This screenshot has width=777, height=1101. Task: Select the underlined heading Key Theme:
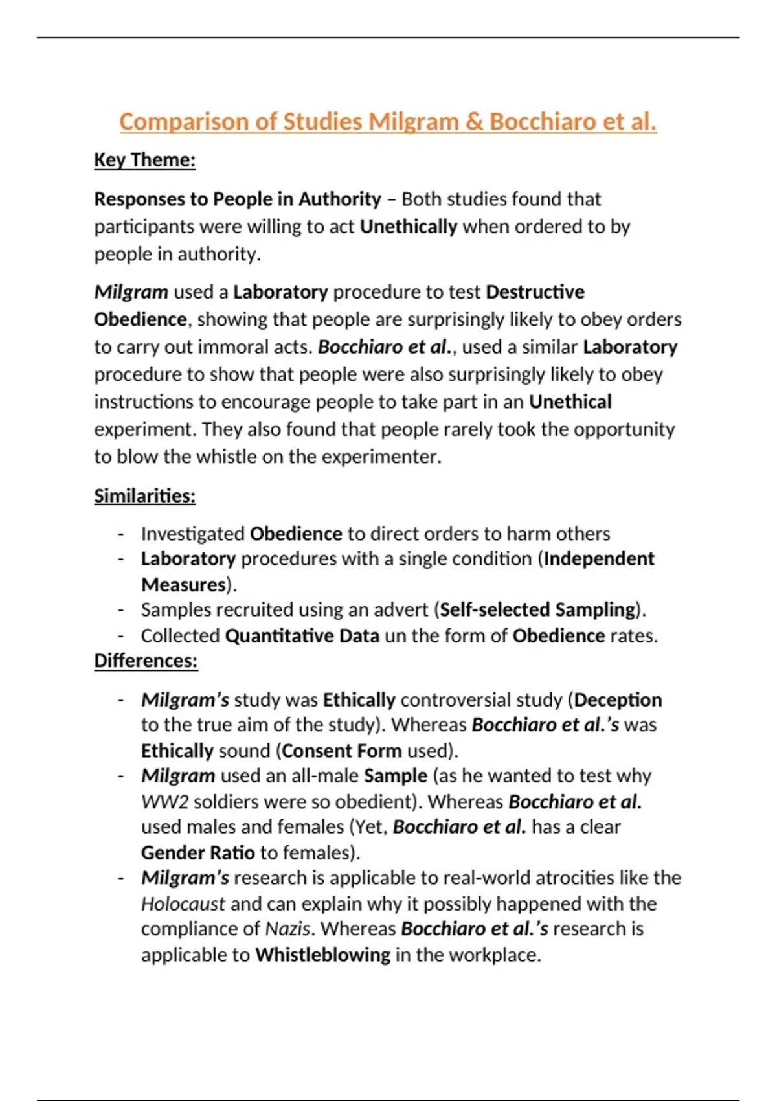point(144,160)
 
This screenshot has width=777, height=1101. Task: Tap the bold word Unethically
point(409,227)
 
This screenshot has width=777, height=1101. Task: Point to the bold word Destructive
point(535,292)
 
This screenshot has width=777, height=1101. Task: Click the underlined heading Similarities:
point(144,496)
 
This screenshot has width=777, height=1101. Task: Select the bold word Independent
point(599,559)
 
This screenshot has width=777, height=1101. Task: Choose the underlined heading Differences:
point(146,661)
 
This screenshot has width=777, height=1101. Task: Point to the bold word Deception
point(618,700)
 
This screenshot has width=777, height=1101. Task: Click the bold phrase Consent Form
point(342,751)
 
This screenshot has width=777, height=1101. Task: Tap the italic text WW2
point(164,802)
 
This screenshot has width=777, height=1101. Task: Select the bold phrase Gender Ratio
point(197,853)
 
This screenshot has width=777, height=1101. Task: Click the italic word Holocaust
point(183,903)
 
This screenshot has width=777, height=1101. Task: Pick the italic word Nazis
point(287,929)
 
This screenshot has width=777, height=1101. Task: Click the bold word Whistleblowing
point(322,955)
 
